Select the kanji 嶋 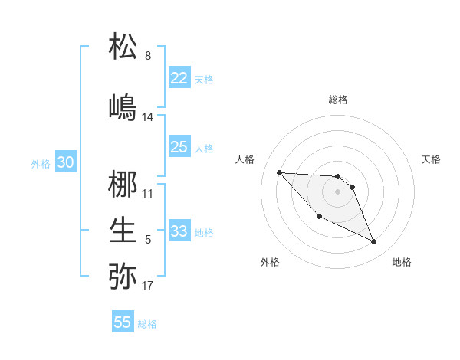123,106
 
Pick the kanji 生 123,230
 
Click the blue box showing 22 179,78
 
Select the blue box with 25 179,147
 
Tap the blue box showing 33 179,231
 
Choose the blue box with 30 65,162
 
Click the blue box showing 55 123,322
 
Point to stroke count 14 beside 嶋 148,117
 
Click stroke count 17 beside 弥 148,286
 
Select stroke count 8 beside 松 148,56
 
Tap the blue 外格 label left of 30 41,163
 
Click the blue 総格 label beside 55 147,324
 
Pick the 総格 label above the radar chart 338,100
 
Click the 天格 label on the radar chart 432,159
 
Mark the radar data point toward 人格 279,172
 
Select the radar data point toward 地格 374,242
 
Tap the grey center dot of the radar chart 338,191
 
